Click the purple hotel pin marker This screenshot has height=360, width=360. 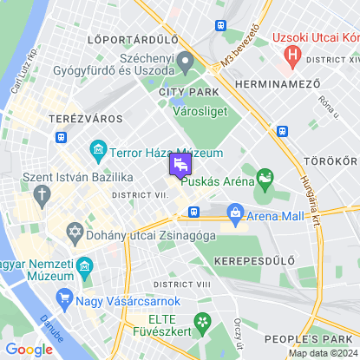click(x=181, y=164)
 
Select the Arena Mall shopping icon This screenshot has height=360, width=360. click(x=234, y=213)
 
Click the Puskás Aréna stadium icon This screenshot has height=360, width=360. click(x=264, y=180)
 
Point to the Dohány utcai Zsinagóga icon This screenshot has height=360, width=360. click(x=75, y=234)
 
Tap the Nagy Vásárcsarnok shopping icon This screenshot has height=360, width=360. click(x=63, y=300)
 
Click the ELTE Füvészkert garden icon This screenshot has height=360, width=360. click(x=202, y=322)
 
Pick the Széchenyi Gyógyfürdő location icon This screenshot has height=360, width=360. click(x=185, y=63)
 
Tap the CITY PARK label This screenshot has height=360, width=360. click(x=184, y=93)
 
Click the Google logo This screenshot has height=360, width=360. click(x=29, y=350)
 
